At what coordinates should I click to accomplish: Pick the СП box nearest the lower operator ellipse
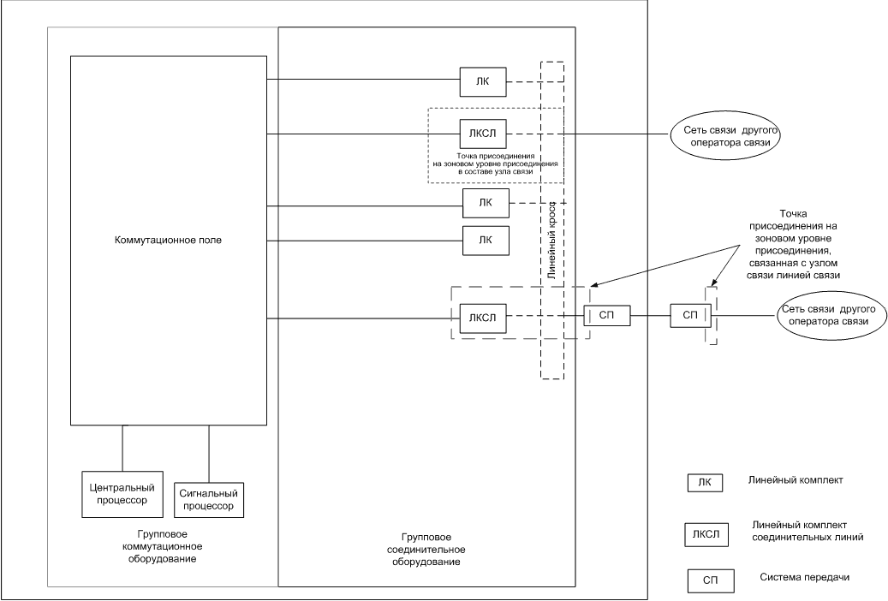(x=690, y=316)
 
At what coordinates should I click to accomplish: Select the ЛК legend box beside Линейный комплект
(x=705, y=483)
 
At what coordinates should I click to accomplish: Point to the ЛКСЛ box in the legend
(x=705, y=536)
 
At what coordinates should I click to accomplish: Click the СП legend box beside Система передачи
(x=709, y=581)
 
